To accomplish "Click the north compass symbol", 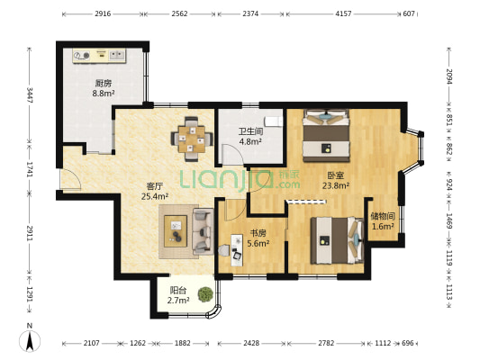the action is [30, 338].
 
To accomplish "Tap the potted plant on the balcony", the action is [205, 294].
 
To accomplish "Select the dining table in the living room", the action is [192, 139].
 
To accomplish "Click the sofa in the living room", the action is [203, 231].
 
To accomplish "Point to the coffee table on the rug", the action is [176, 231].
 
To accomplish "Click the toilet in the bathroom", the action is [274, 121].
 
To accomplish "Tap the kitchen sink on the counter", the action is [117, 54].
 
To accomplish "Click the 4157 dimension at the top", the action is [343, 13].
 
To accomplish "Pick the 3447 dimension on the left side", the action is [30, 95].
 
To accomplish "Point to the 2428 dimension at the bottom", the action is [251, 343].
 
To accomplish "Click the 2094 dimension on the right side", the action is [448, 76].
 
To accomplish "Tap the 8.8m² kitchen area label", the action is [104, 94].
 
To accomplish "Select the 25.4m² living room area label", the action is [155, 196].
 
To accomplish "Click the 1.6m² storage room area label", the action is [383, 226].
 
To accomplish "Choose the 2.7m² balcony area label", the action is [178, 301].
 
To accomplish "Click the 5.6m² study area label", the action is [258, 243].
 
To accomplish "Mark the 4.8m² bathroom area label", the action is [250, 141].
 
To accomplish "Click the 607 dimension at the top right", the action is [409, 13].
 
